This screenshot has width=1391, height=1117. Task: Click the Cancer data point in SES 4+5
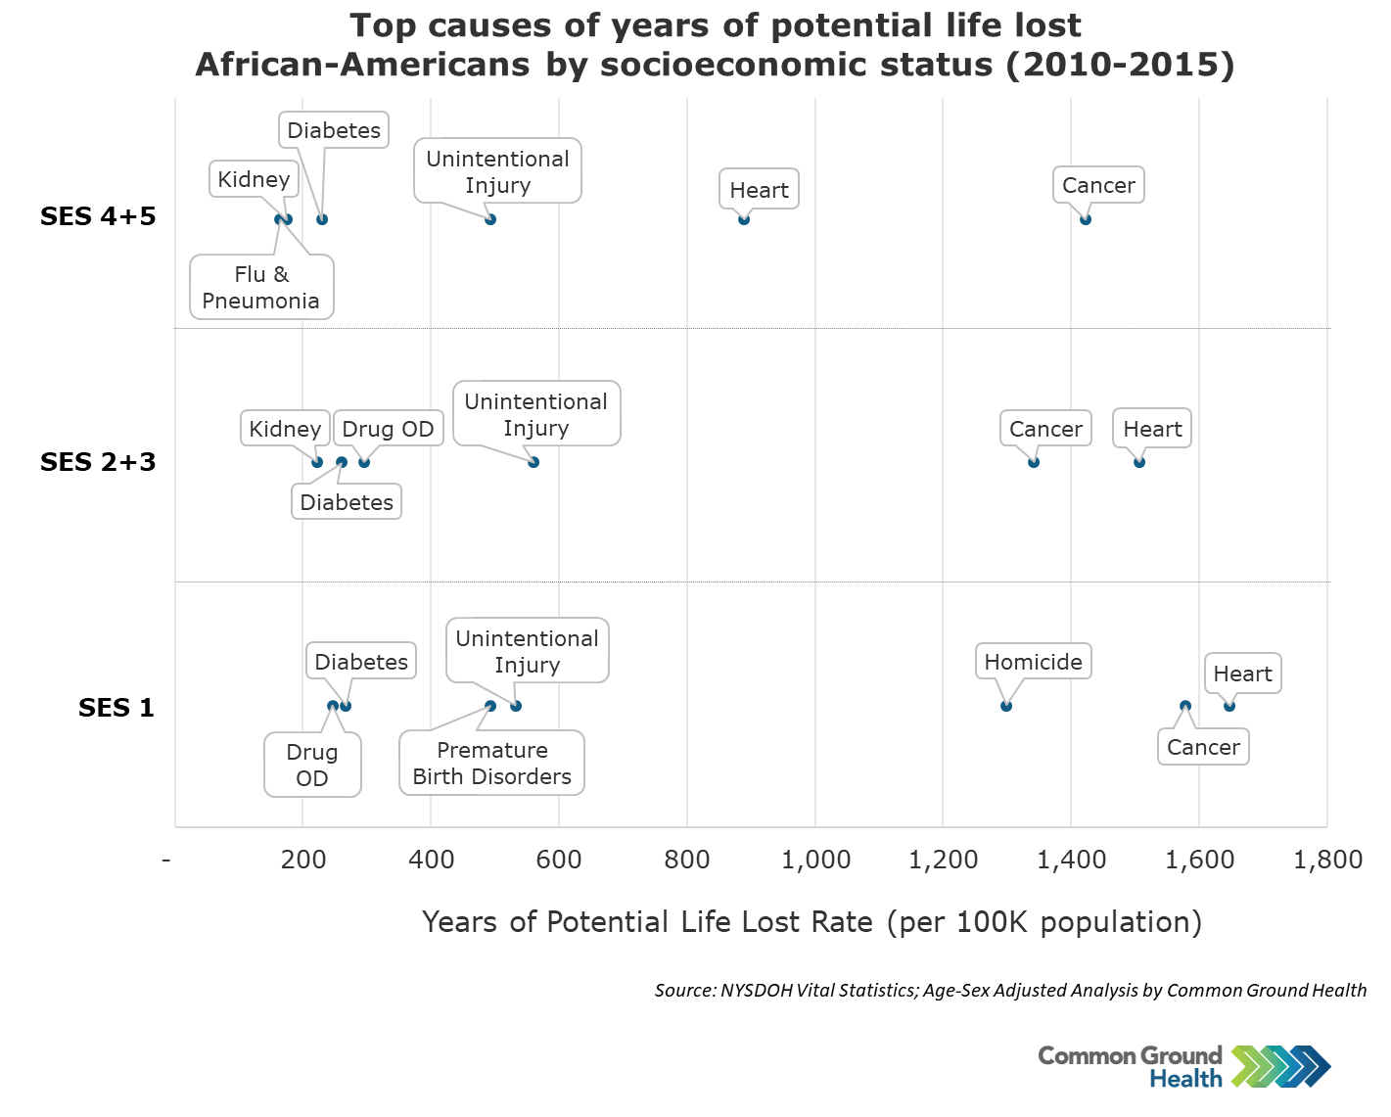coord(1085,219)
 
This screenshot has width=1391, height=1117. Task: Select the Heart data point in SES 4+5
coord(744,219)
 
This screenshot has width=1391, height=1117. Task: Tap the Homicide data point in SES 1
coord(1006,706)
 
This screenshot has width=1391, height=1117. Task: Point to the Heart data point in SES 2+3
coord(1139,462)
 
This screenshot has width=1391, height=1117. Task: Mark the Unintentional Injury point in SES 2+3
coord(533,462)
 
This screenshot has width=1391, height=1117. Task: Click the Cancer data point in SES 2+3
coord(1034,462)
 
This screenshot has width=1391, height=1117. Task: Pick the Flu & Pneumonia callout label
coord(261,288)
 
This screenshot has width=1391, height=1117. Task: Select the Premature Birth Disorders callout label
coord(491,764)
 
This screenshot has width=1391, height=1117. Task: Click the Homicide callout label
coord(1033,662)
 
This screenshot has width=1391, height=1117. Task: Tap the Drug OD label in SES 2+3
coord(388,429)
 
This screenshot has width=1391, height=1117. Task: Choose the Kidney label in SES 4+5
coord(254,179)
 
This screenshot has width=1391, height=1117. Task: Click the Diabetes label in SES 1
coord(361,662)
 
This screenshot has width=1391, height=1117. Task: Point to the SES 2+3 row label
coord(98,462)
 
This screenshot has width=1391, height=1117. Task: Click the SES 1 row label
coord(116,708)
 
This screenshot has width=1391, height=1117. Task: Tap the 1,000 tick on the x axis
coord(815,861)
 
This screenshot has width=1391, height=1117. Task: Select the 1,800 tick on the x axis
coord(1327,861)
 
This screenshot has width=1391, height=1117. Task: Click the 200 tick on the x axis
coord(303,861)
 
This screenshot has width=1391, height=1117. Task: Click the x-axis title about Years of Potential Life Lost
coord(811,922)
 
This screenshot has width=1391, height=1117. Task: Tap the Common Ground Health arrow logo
coord(1280,1066)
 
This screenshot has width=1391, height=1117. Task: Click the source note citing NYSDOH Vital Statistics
coord(1010,991)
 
